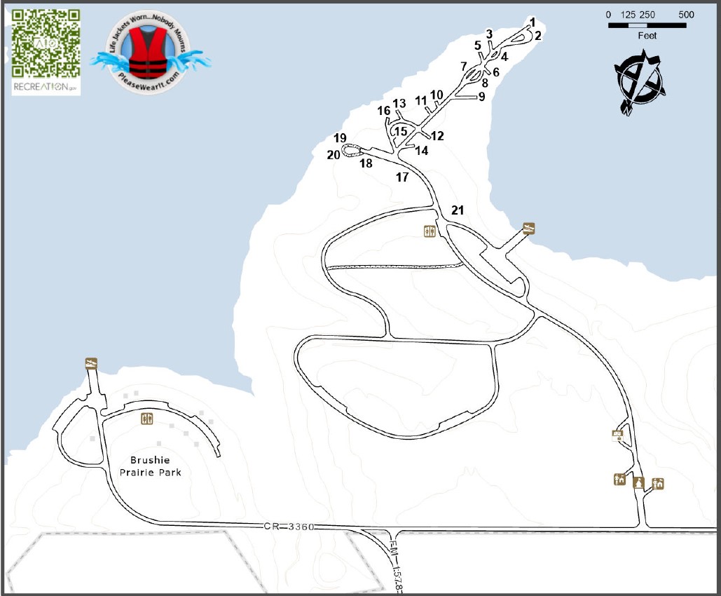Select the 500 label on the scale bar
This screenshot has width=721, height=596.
point(686,15)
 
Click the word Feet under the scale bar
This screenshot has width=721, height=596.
point(647,36)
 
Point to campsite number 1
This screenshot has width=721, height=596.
point(533,21)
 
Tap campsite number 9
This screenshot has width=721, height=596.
point(481,97)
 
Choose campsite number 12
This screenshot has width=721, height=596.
point(438,135)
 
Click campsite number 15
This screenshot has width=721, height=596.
point(400,130)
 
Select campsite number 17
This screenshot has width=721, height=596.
point(401,177)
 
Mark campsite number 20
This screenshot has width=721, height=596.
point(333,154)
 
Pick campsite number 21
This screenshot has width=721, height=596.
point(457,210)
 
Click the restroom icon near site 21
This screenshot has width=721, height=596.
point(430,231)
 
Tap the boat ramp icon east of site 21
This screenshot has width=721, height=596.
point(530,228)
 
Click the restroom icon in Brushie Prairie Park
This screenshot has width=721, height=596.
point(147,419)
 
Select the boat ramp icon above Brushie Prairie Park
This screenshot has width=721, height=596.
point(91,363)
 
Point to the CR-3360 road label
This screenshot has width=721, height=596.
point(289,526)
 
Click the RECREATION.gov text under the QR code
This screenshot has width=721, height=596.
point(45,87)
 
